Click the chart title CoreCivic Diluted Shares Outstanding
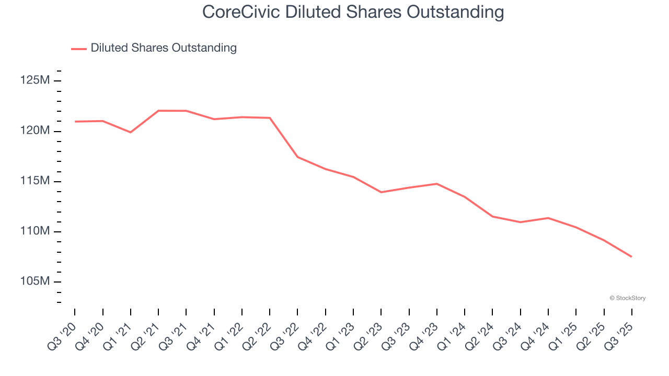coord(353,12)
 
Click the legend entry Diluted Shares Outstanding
coord(163,48)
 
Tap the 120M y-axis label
coord(36,131)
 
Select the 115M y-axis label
coord(36,181)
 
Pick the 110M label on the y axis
coord(36,231)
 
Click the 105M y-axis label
coord(36,281)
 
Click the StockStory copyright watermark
coord(627,298)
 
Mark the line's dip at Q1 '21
coord(131,132)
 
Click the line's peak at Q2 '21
coord(158,111)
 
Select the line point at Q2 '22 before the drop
coord(270,118)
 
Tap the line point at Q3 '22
coord(297,157)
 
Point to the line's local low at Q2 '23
coord(381,192)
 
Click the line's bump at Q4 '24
coord(548,218)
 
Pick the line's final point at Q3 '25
coord(631,256)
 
